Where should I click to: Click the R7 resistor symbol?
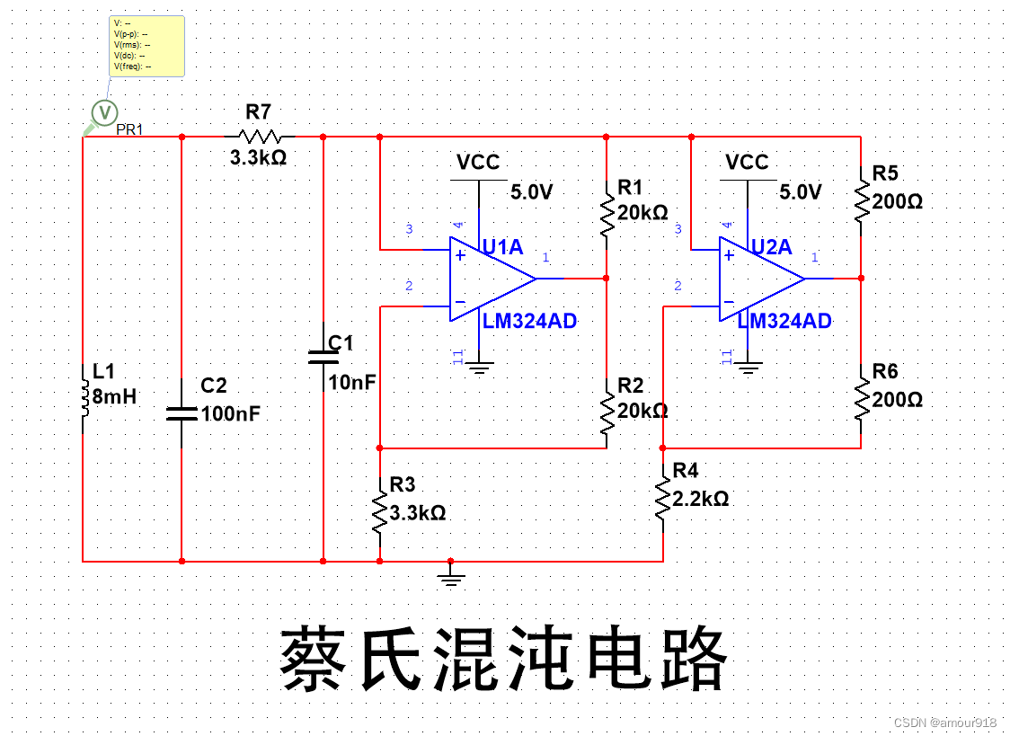[260, 137]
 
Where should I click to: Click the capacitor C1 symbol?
[323, 357]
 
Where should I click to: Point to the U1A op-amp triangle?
[490, 279]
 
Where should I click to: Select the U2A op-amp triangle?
[758, 279]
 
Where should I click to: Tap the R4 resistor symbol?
[663, 500]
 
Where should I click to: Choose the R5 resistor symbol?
[861, 200]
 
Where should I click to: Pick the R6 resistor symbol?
[861, 399]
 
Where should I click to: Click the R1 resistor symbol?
[607, 213]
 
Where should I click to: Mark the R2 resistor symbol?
[607, 411]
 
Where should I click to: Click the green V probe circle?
[105, 112]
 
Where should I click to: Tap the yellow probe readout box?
[147, 45]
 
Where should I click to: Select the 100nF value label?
[231, 414]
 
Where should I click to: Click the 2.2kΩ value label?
[702, 498]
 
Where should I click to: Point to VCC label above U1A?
[478, 163]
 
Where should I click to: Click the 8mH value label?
[114, 396]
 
